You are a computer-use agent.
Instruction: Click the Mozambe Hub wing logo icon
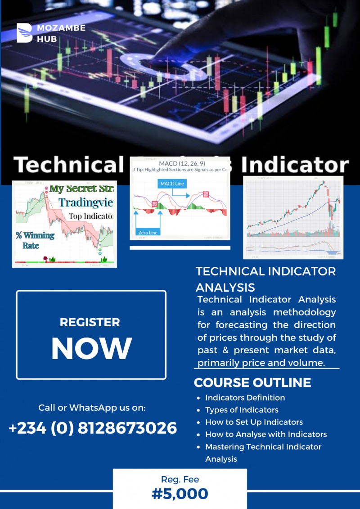25,33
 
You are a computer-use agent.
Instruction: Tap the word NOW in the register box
91,348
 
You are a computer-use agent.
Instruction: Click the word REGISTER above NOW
90,322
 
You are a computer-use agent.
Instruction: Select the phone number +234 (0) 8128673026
93,428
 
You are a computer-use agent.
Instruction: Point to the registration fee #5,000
180,494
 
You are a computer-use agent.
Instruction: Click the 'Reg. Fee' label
180,479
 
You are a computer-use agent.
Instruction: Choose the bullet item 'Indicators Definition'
245,397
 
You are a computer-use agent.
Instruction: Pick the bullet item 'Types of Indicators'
242,410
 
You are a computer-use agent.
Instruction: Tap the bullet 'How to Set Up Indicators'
254,422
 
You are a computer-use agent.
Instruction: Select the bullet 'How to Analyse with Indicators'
266,434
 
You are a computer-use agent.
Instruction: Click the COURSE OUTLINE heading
252,383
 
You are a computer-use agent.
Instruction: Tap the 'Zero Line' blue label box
148,232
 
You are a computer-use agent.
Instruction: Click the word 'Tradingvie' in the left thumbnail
86,202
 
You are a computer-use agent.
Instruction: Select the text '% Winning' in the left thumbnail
35,235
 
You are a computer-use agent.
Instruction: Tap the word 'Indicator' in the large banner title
295,165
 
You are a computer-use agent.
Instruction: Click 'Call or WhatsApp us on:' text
92,408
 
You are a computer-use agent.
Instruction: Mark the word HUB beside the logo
47,39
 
